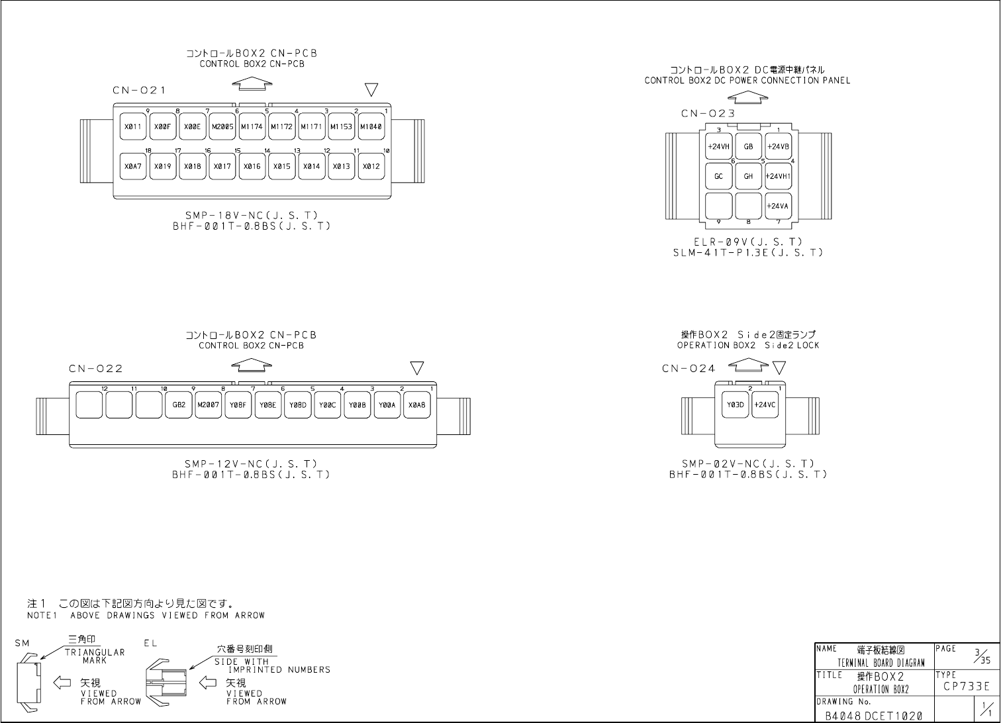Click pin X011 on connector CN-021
pyautogui.click(x=133, y=126)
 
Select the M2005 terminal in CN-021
pyautogui.click(x=222, y=126)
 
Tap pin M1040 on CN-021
pyautogui.click(x=371, y=126)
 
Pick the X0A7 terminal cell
pyautogui.click(x=133, y=166)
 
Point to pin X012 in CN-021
pyautogui.click(x=371, y=166)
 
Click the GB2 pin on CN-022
pyautogui.click(x=179, y=405)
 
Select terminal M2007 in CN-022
pyautogui.click(x=208, y=405)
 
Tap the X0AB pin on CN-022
pyautogui.click(x=417, y=405)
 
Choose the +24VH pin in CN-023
pyautogui.click(x=718, y=147)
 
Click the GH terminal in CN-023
pyautogui.click(x=748, y=177)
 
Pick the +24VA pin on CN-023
pyautogui.click(x=778, y=206)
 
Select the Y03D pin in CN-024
pyautogui.click(x=736, y=405)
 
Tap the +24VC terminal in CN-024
pyautogui.click(x=765, y=405)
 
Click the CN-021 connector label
pyautogui.click(x=139, y=91)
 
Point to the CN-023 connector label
pyautogui.click(x=708, y=114)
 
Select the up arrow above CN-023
pyautogui.click(x=747, y=97)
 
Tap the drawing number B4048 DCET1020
pyautogui.click(x=873, y=716)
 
